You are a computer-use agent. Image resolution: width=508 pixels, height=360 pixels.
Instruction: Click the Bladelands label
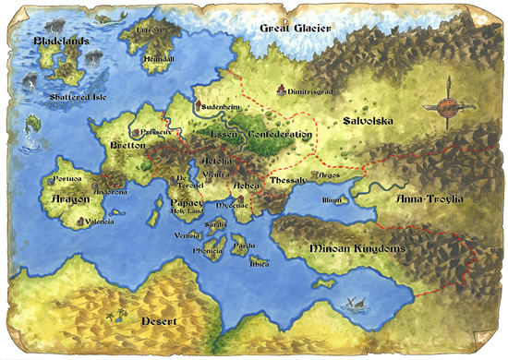(63, 42)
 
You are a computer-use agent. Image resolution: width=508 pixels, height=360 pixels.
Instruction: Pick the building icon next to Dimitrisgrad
(282, 90)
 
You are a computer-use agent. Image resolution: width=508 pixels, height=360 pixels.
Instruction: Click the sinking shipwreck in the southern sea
(354, 301)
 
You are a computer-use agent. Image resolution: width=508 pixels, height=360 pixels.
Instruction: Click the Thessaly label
(287, 179)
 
